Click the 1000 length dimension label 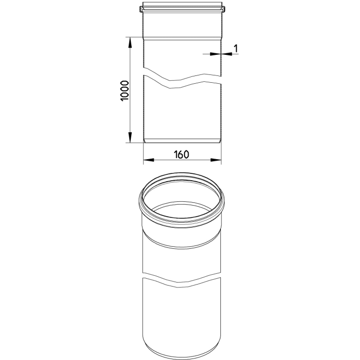coord(124,91)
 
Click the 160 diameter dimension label coord(182,154)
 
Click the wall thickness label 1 coord(236,48)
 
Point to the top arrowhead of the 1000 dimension coord(130,42)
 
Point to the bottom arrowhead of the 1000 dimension coord(130,137)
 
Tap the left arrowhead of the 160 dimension coord(148,160)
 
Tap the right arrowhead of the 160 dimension coord(216,160)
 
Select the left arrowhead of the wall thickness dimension coord(215,54)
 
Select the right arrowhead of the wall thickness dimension coord(227,54)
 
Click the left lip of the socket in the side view coord(141,9)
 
